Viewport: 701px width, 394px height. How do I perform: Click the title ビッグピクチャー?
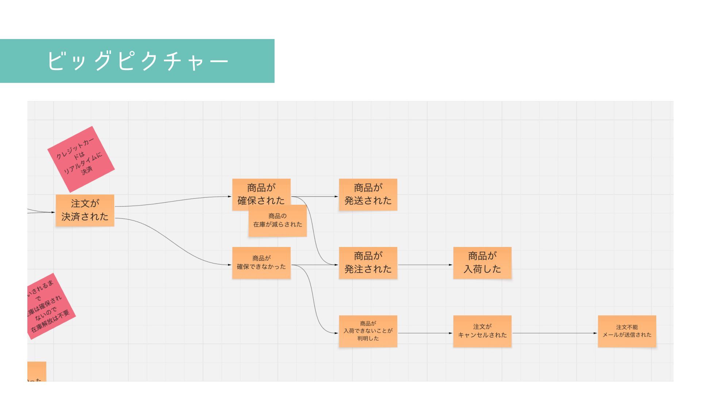137,61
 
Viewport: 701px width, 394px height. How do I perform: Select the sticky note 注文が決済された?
85,210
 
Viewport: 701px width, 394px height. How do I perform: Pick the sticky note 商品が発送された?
368,194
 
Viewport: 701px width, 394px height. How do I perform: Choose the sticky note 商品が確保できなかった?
261,263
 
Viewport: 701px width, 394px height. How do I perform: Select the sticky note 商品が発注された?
368,263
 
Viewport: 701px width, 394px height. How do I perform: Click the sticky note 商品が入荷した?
482,263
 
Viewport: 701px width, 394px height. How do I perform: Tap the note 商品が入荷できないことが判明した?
368,331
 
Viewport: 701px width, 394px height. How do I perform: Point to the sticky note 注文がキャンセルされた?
482,331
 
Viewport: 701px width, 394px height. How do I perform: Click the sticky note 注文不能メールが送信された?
627,331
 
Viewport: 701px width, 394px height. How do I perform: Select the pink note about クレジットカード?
81,159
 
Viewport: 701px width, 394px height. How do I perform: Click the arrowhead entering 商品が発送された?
337,197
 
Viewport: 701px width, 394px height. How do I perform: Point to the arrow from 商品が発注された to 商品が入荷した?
425,265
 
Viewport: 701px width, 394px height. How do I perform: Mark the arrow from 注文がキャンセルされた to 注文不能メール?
554,333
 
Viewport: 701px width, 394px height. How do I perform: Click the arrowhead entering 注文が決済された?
53,212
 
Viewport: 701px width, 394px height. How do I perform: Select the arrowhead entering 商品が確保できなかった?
230,265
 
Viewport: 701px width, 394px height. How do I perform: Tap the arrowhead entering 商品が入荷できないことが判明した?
336,333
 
